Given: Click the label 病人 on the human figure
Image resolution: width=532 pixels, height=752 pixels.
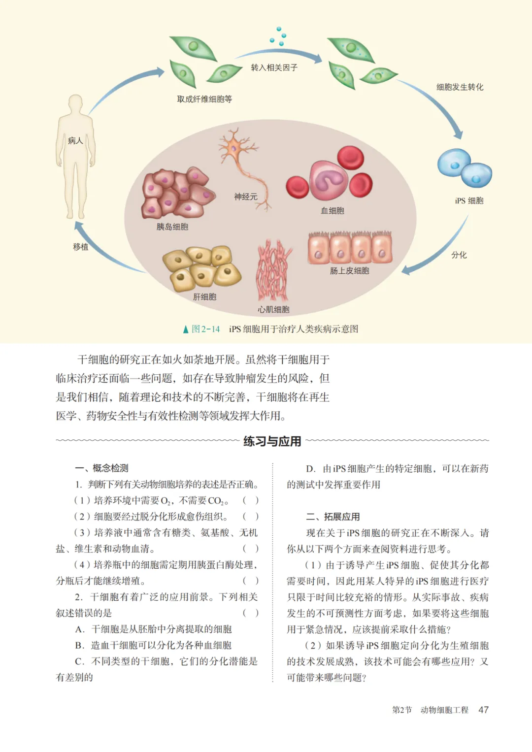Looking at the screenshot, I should pyautogui.click(x=75, y=141).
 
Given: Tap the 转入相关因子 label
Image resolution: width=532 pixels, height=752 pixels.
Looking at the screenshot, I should pyautogui.click(x=274, y=67).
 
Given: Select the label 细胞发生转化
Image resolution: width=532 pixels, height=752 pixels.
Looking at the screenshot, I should pyautogui.click(x=460, y=87).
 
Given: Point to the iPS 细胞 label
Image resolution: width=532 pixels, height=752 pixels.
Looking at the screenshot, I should pyautogui.click(x=469, y=200).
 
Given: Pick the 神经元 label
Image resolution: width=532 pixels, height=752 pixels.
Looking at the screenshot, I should pyautogui.click(x=246, y=196).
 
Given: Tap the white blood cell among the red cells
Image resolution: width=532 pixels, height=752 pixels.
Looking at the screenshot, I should pyautogui.click(x=328, y=180).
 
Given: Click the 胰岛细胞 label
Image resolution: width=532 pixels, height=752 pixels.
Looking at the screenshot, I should pyautogui.click(x=172, y=227).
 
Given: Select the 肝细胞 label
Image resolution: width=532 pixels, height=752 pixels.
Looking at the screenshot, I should pyautogui.click(x=204, y=296).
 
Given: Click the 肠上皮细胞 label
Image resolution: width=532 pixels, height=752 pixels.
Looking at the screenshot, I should pyautogui.click(x=349, y=270).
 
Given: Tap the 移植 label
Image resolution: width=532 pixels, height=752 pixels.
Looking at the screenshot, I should pyautogui.click(x=81, y=247).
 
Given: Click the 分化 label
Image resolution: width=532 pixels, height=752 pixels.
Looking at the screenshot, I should pyautogui.click(x=459, y=255).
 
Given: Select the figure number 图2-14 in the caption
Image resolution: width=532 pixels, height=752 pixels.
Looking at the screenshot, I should pyautogui.click(x=205, y=329).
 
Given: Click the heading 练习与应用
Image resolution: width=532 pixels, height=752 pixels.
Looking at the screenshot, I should pyautogui.click(x=272, y=441).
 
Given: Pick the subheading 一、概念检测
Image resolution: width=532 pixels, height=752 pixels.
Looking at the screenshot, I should pyautogui.click(x=102, y=468).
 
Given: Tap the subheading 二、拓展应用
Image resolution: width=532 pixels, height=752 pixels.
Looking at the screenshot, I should pyautogui.click(x=332, y=517).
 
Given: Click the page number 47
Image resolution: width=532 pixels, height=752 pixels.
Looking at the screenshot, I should pyautogui.click(x=483, y=710).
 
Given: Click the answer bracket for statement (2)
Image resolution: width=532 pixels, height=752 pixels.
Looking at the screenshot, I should pyautogui.click(x=250, y=517).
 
